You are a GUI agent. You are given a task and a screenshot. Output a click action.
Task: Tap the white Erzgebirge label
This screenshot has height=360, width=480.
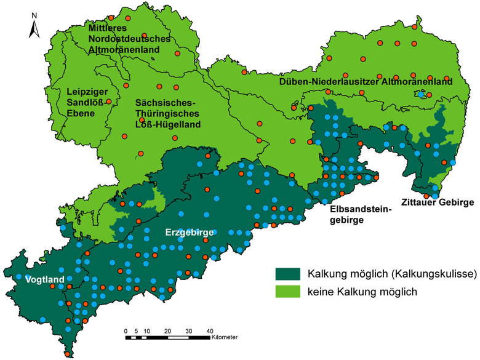(189, 233)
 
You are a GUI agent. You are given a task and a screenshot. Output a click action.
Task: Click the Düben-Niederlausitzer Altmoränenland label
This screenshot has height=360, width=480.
(366, 81)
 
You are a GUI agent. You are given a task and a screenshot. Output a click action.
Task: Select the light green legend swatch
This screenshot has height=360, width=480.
(287, 292)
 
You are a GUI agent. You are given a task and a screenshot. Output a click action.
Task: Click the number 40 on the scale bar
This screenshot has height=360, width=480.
(209, 330)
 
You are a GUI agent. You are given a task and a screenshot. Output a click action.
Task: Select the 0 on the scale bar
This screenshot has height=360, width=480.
(126, 330)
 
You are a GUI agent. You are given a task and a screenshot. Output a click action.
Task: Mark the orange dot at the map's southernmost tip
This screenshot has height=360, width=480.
(66, 354)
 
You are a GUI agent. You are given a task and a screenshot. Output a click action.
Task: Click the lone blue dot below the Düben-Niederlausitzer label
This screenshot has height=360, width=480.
(421, 95)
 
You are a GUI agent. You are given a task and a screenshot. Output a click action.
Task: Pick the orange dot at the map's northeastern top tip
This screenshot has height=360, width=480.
(418, 28)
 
